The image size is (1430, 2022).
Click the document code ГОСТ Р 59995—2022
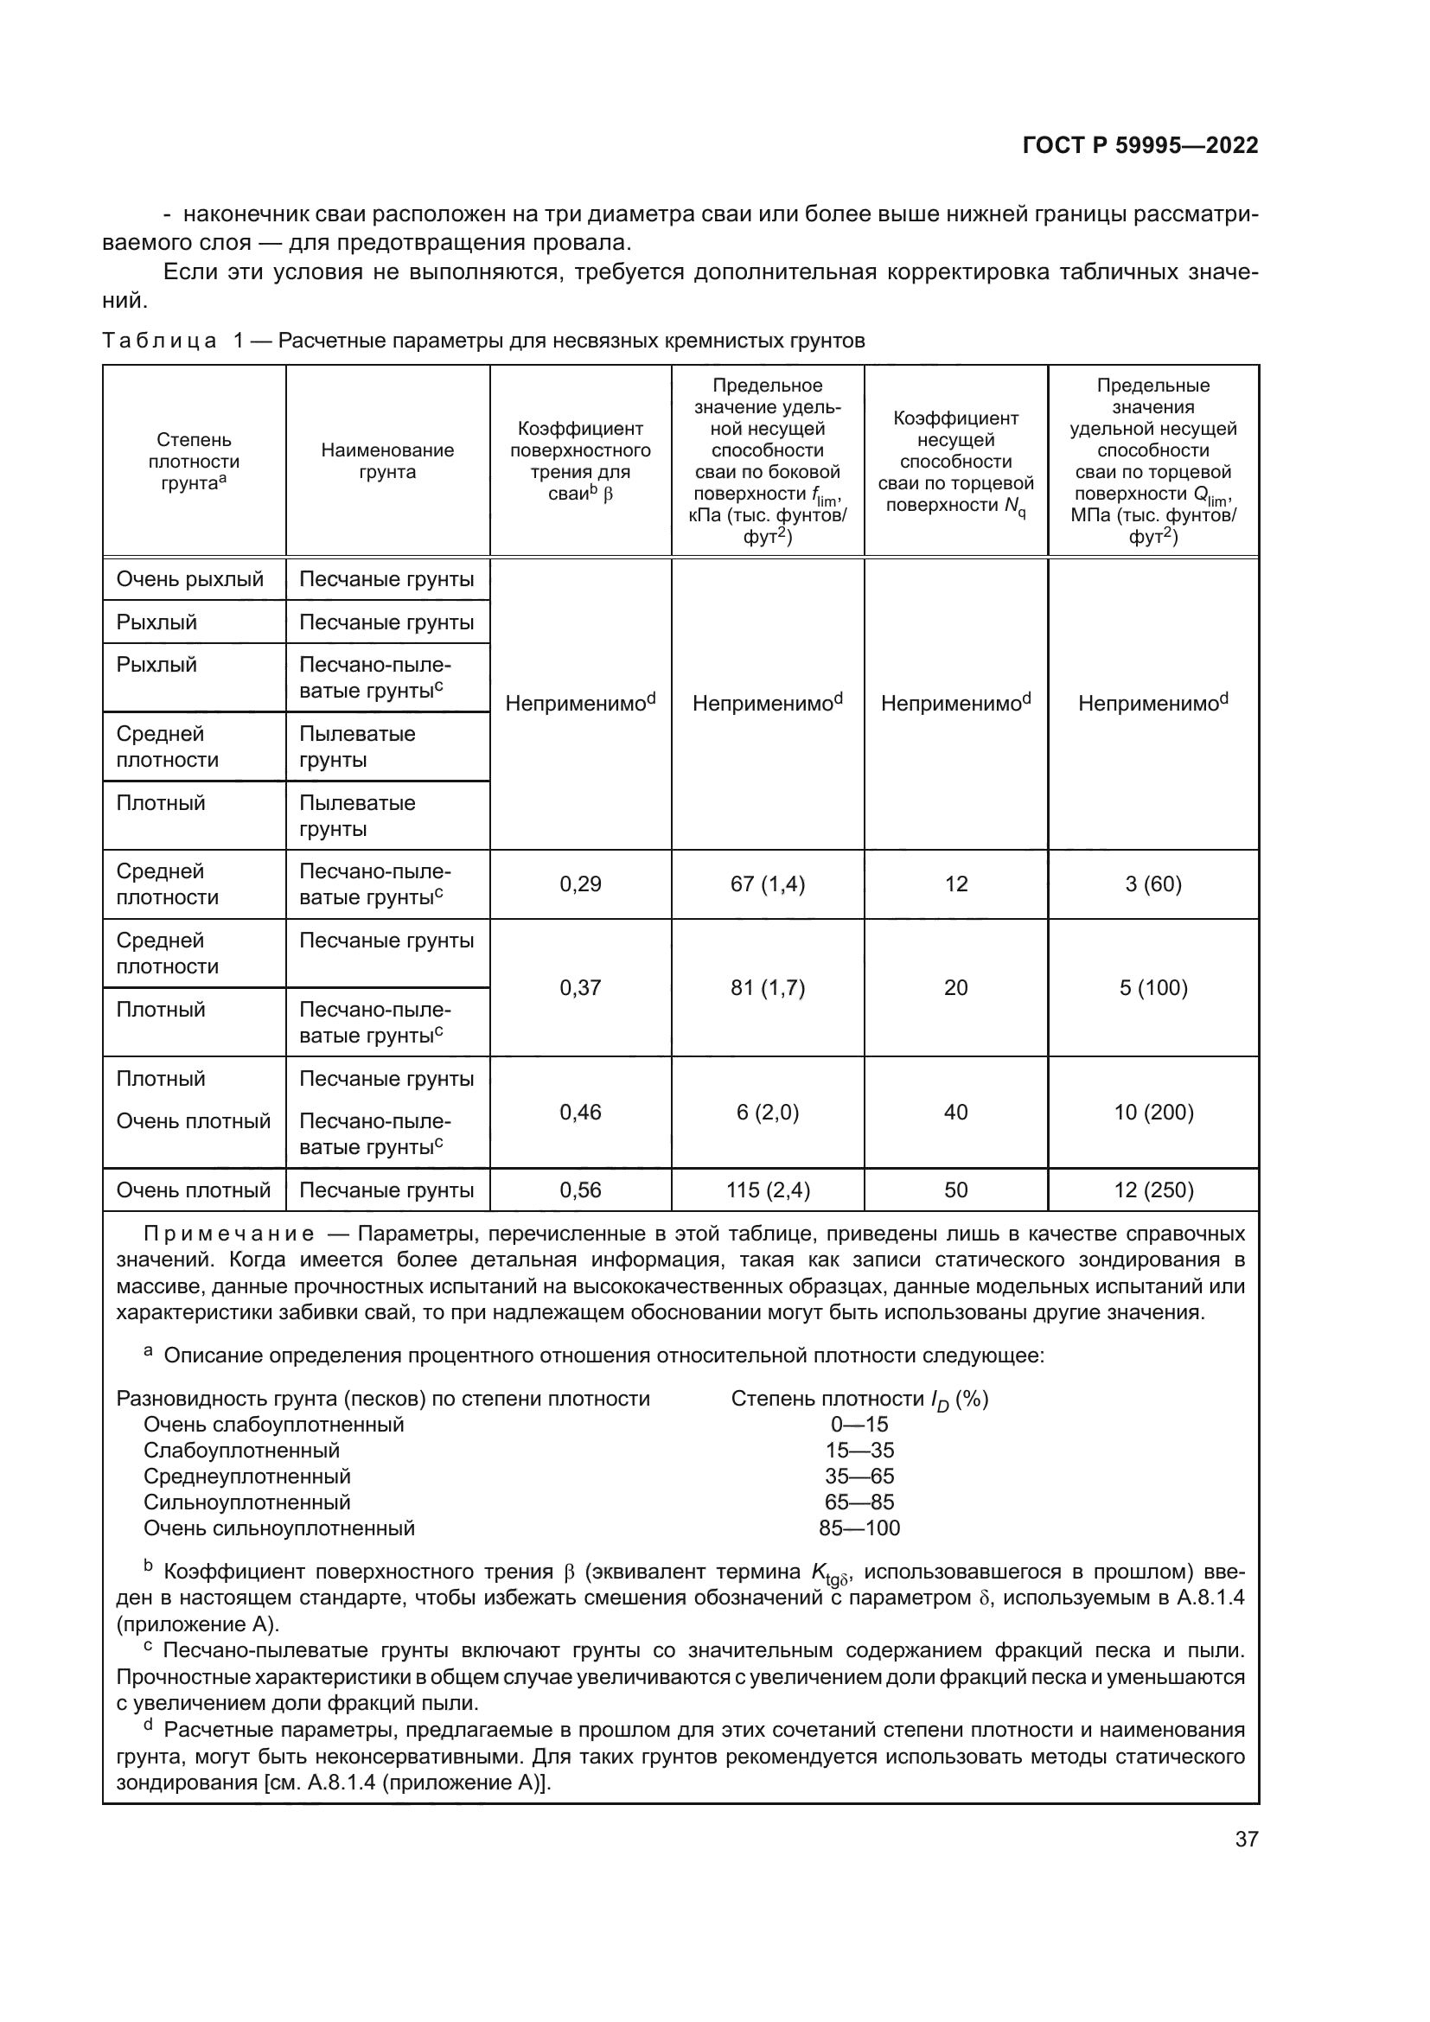(1140, 145)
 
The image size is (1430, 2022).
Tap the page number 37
(1246, 1839)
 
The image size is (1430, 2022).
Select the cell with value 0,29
(580, 884)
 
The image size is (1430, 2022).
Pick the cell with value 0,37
(580, 988)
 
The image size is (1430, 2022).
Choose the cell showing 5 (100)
(1152, 988)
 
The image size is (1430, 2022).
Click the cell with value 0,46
(580, 1113)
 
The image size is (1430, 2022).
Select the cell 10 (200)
(1152, 1113)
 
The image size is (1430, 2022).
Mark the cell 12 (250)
(1152, 1190)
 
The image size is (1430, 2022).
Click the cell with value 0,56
(580, 1190)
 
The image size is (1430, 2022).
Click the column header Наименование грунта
(387, 461)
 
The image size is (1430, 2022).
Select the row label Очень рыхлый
(190, 579)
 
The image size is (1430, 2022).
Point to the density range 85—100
(859, 1528)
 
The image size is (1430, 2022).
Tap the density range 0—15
(859, 1424)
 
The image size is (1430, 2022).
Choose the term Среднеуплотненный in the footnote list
(246, 1476)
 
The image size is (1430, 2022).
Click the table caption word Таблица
(159, 341)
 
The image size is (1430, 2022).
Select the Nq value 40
(955, 1113)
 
